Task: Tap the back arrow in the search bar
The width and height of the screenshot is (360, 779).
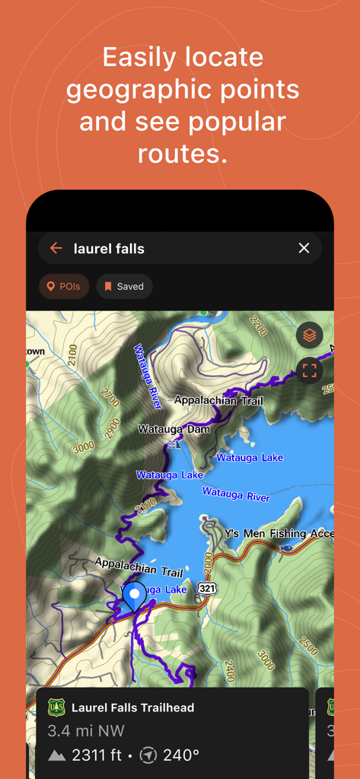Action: (56, 248)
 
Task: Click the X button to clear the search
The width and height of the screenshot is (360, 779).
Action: (304, 248)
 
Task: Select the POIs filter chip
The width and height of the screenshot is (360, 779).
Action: (64, 287)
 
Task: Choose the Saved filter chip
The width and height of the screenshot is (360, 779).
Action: (124, 287)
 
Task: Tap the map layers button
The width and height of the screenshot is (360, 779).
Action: (309, 335)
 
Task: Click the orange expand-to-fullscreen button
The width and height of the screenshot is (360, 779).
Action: (309, 370)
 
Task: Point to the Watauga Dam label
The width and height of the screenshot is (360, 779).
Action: (174, 430)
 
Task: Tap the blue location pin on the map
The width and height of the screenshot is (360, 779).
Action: (135, 596)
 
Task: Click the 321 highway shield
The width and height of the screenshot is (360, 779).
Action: (206, 588)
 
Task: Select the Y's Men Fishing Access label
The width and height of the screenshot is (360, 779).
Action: (279, 534)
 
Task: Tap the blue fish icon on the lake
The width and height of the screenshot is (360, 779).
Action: (285, 548)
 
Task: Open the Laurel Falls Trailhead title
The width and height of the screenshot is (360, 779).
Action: (132, 707)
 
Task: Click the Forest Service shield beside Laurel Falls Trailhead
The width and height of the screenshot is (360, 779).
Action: (56, 707)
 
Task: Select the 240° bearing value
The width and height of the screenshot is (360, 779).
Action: (181, 755)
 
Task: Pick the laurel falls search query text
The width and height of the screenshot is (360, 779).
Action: (109, 249)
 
